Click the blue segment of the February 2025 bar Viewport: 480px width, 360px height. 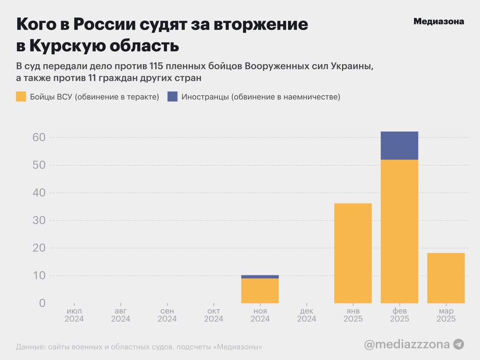point(399,145)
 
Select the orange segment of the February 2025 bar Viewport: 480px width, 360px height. point(399,231)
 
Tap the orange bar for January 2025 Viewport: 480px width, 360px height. point(353,253)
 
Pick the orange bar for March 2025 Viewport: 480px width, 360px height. point(446,278)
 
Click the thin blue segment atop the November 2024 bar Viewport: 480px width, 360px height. point(260,277)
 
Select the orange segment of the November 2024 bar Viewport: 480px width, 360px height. point(260,291)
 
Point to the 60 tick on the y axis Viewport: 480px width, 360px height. point(39,137)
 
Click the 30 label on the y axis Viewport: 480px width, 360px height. point(39,220)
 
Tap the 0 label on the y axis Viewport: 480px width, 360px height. point(42,303)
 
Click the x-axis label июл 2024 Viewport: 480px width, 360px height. point(74,315)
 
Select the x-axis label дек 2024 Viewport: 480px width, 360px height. point(306,315)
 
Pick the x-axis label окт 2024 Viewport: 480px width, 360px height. point(213,315)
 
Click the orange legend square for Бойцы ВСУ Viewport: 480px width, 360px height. point(21,97)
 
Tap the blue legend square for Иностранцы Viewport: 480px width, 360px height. point(172,97)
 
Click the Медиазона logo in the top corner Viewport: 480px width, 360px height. point(438,21)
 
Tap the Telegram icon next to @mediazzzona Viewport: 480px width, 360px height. point(459,344)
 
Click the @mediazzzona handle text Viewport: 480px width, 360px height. point(406,344)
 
